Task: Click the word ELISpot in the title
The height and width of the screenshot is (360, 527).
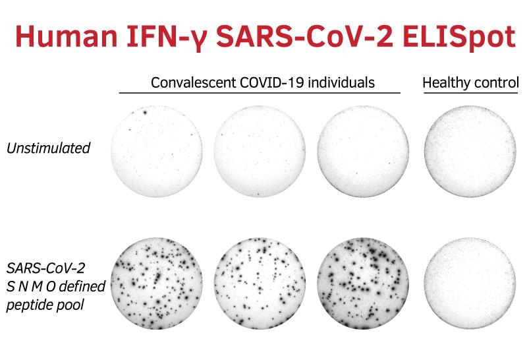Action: pos(459,37)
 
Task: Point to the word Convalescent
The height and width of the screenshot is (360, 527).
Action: pos(193,82)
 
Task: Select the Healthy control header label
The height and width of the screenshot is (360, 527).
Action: pos(470,82)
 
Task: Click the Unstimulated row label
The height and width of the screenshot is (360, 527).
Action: pos(48,148)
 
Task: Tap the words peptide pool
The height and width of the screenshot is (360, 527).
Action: pos(45,305)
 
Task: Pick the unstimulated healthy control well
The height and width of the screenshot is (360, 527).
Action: pos(470,152)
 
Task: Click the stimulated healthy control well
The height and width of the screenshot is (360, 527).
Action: pos(470,284)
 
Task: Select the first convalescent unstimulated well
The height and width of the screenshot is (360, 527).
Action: pos(157,152)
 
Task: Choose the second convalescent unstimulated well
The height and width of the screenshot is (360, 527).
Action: pos(260,152)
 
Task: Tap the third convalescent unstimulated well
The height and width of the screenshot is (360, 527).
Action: pos(364,152)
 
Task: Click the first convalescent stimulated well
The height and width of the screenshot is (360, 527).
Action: pos(157,284)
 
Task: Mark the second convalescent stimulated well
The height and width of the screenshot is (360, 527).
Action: pos(260,284)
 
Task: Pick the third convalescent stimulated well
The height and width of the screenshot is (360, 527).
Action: pos(364,284)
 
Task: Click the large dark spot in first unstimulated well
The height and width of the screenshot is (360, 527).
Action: pos(145,112)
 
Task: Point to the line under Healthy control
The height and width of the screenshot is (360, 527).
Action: pos(470,92)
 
